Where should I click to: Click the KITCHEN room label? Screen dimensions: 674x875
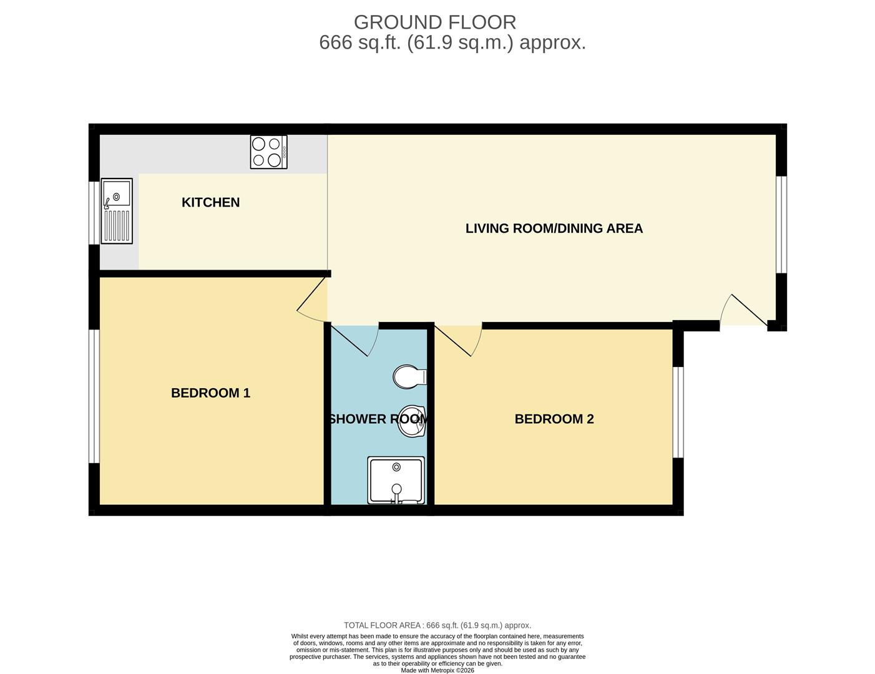[210, 202]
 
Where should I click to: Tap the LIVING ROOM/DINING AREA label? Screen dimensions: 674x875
[554, 228]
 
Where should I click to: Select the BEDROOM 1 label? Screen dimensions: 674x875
[210, 393]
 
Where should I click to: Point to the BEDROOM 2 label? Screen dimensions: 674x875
[554, 419]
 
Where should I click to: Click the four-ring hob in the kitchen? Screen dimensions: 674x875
[268, 152]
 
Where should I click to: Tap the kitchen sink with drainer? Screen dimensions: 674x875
[117, 211]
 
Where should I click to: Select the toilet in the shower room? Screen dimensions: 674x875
[409, 376]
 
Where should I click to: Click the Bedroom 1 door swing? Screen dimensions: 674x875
[313, 302]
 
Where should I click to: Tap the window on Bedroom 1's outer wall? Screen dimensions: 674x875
[94, 396]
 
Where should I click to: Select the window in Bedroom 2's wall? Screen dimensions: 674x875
[678, 413]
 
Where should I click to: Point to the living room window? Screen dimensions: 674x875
[781, 225]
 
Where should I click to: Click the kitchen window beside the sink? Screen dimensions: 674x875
[94, 213]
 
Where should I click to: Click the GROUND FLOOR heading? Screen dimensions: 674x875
[435, 22]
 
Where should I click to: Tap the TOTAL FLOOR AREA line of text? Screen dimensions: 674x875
[438, 625]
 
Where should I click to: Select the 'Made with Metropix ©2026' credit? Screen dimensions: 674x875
[438, 670]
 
